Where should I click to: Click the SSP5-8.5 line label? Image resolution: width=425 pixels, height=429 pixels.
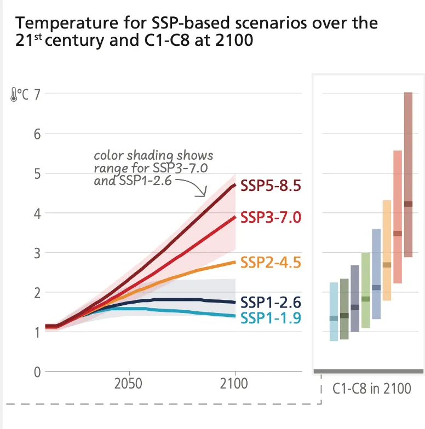pyautogui.click(x=271, y=187)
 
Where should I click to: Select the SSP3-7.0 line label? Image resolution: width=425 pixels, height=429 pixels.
pyautogui.click(x=271, y=218)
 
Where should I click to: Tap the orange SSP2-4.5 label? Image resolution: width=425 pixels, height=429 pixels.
pyautogui.click(x=271, y=263)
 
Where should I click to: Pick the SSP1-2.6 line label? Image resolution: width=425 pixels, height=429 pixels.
pyautogui.click(x=271, y=302)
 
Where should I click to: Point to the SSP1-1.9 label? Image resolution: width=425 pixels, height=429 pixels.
pyautogui.click(x=271, y=318)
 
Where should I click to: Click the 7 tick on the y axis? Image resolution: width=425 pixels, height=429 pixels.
pyautogui.click(x=37, y=94)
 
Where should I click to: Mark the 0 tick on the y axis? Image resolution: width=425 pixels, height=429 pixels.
pyautogui.click(x=37, y=372)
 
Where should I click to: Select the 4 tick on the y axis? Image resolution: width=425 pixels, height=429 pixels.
pyautogui.click(x=37, y=213)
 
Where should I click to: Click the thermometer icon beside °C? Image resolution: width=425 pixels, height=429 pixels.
pyautogui.click(x=13, y=95)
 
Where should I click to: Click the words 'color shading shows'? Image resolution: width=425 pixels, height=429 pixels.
pyautogui.click(x=153, y=156)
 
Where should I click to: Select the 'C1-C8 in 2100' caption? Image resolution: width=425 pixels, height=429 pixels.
pyautogui.click(x=371, y=389)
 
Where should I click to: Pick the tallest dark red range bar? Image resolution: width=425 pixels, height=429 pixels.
pyautogui.click(x=408, y=175)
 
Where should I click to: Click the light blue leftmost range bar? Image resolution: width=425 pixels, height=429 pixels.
pyautogui.click(x=334, y=311)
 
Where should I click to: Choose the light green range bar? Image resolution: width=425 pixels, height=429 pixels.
pyautogui.click(x=365, y=290)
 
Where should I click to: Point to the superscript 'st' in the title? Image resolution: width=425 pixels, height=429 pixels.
pyautogui.click(x=37, y=37)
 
